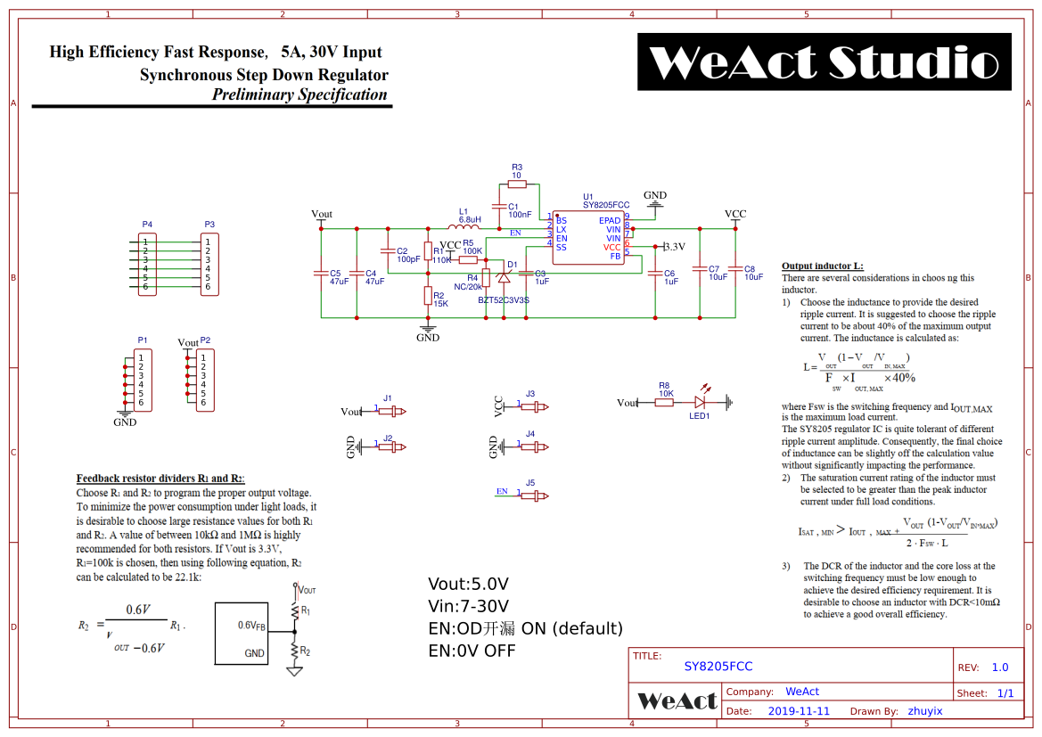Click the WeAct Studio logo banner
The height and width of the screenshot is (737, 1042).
pyautogui.click(x=824, y=61)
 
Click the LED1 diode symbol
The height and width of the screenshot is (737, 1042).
pyautogui.click(x=701, y=402)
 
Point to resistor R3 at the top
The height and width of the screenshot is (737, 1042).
pyautogui.click(x=517, y=184)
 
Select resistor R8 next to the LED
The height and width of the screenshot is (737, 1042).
pyautogui.click(x=664, y=402)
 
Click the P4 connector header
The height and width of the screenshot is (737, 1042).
pyautogui.click(x=147, y=264)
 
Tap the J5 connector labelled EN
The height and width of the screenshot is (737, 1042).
pyautogui.click(x=535, y=495)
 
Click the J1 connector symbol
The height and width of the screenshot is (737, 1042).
pyautogui.click(x=392, y=411)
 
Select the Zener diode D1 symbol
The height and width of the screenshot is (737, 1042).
pyautogui.click(x=504, y=278)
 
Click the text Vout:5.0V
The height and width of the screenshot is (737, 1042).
pyautogui.click(x=468, y=585)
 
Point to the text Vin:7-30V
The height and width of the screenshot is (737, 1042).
pyautogui.click(x=468, y=607)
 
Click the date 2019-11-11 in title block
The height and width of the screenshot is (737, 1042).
pyautogui.click(x=798, y=711)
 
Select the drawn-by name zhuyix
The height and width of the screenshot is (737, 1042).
pyautogui.click(x=924, y=711)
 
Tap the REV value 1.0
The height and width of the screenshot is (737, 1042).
pyautogui.click(x=1000, y=667)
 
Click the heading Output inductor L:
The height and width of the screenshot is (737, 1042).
pyautogui.click(x=822, y=266)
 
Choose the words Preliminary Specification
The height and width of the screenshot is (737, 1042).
pyautogui.click(x=299, y=94)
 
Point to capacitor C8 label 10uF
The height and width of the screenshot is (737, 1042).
pyautogui.click(x=754, y=277)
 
